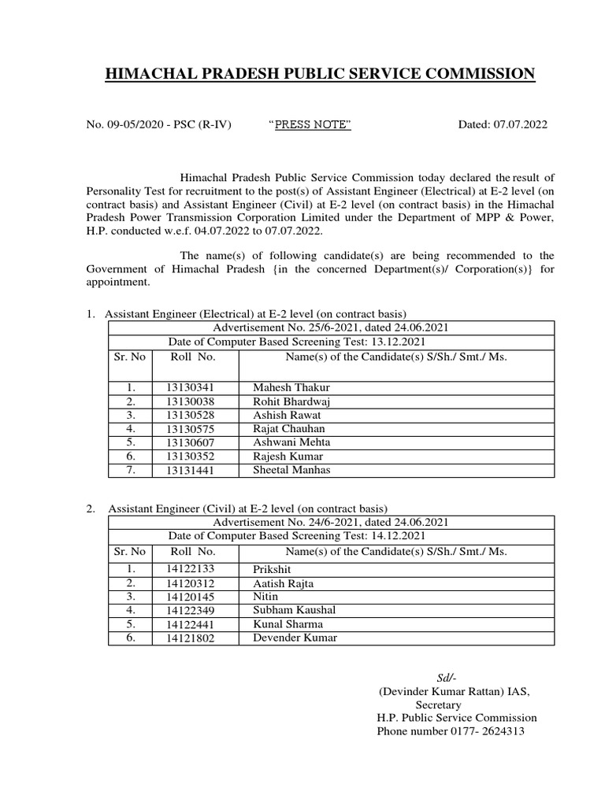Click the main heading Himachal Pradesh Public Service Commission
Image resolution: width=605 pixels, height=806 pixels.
pyautogui.click(x=320, y=74)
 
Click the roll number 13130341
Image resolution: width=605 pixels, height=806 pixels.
pyautogui.click(x=190, y=388)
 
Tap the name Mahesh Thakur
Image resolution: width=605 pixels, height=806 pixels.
pyautogui.click(x=291, y=388)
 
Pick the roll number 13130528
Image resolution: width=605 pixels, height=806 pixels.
pyautogui.click(x=190, y=415)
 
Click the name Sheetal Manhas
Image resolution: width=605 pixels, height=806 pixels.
pyautogui.click(x=292, y=470)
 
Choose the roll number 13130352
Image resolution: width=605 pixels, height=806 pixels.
pyautogui.click(x=190, y=457)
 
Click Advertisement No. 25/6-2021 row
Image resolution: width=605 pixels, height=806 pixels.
pyautogui.click(x=331, y=328)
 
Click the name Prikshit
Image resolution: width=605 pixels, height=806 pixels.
pyautogui.click(x=272, y=568)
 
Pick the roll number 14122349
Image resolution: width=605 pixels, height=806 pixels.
pyautogui.click(x=190, y=610)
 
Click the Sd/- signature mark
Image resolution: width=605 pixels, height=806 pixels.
pyautogui.click(x=447, y=678)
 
